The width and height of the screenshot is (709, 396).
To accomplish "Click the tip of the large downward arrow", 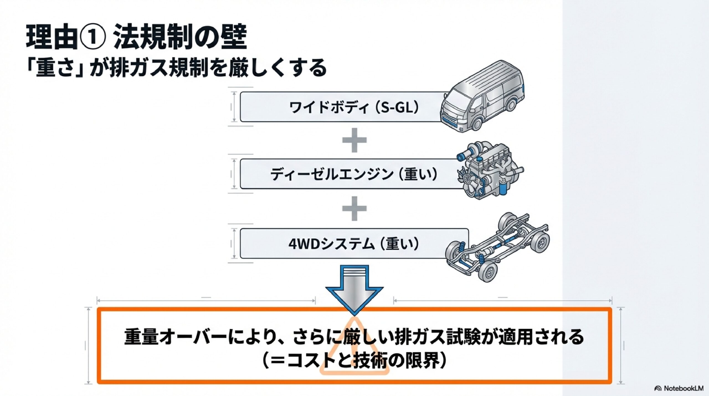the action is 354,316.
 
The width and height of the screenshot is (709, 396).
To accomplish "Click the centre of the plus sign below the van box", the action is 354,140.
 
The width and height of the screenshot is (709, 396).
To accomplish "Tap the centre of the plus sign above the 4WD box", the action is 354,208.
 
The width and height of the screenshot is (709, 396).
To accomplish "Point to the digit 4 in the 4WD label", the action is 293,244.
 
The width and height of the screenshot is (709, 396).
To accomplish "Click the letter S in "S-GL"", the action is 385,108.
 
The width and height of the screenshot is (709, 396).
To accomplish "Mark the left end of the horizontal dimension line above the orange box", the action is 97,300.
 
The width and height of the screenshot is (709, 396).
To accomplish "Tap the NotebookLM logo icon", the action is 658,389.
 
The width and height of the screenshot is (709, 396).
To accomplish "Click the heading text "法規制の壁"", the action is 180,37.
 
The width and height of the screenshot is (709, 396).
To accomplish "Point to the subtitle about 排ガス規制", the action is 176,68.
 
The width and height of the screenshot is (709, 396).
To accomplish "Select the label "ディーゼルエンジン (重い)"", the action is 354,174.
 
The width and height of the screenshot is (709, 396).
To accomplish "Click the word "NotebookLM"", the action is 683,389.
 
